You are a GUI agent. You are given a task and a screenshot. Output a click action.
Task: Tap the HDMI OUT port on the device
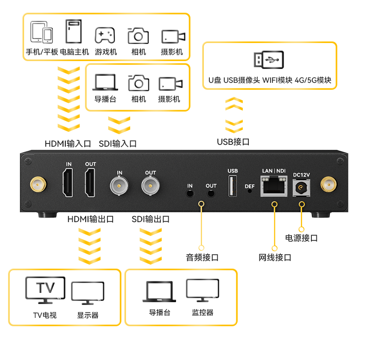pos(90,183)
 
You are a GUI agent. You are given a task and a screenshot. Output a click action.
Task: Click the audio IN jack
pos(189,193)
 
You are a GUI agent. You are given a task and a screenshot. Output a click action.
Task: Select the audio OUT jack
pos(211,193)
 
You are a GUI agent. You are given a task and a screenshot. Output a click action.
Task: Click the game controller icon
pos(105,35)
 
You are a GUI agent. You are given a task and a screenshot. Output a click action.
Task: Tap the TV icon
pos(45,290)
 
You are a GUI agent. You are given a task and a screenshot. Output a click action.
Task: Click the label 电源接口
pos(301,238)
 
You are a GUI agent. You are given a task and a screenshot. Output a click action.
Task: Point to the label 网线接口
pos(275,258)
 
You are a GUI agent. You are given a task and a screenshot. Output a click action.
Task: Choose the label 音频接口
pos(202,258)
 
